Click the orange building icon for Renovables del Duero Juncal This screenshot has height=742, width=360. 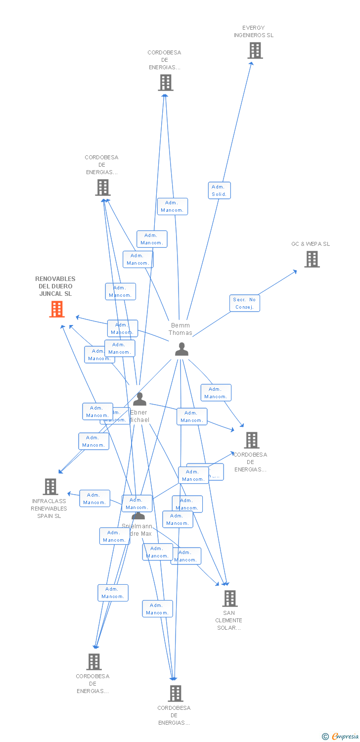coord(57,309)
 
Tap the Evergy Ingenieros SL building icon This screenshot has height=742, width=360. coord(255,50)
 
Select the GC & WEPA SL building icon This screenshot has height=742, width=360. coord(312,259)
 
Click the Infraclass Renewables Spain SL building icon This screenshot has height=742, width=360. coord(50,487)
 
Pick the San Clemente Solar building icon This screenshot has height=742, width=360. coord(229,599)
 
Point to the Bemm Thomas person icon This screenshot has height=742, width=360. coord(181,349)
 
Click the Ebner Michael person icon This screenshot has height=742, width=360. coord(139,399)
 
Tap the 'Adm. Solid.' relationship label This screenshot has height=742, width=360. coord(219,190)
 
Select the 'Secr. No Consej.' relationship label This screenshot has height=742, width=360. coord(244,303)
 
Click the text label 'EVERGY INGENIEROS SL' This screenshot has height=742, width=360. coord(254,32)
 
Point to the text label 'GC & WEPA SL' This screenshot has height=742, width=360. coord(311,244)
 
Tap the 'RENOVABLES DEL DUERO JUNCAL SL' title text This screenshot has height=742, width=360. coord(55,286)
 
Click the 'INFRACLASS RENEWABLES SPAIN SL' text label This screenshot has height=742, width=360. coord(49,509)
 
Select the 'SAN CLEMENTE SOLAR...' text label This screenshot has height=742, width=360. coord(229,620)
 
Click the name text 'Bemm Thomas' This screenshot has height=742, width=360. coord(180,329)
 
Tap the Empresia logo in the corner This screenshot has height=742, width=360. coord(345,737)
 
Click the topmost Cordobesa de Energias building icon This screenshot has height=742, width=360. coord(166,83)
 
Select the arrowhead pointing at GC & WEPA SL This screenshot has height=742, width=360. coord(295,271)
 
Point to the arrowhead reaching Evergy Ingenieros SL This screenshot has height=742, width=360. coord(251,63)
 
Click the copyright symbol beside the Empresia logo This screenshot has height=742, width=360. coord(325,737)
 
